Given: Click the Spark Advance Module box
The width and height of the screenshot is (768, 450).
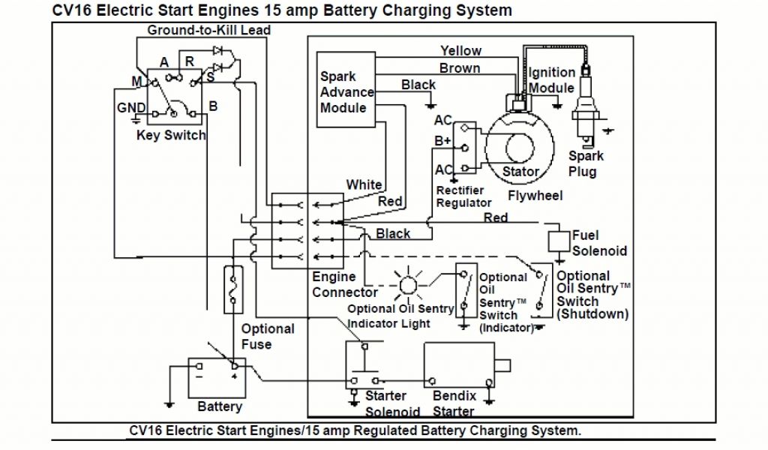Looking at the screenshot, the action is pyautogui.click(x=346, y=89).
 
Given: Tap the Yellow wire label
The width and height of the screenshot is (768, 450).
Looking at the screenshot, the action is pyautogui.click(x=460, y=50).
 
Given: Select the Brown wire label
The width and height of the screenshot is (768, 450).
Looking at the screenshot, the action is pyautogui.click(x=460, y=68).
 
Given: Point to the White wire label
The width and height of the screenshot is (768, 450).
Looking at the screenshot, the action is pyautogui.click(x=364, y=184).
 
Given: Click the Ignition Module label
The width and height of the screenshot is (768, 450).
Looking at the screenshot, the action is pyautogui.click(x=551, y=79).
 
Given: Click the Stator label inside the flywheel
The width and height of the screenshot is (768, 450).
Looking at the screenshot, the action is pyautogui.click(x=520, y=172).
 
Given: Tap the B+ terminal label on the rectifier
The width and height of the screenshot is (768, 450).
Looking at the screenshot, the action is pyautogui.click(x=442, y=141).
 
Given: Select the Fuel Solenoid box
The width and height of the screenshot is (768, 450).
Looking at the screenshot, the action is pyautogui.click(x=558, y=241).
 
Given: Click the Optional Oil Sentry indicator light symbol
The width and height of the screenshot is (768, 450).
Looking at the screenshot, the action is pyautogui.click(x=408, y=285).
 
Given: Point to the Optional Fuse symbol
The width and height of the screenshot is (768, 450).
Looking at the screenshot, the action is pyautogui.click(x=233, y=290).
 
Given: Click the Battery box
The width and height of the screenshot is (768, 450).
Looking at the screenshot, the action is pyautogui.click(x=217, y=378).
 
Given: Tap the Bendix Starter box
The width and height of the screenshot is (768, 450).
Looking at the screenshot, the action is pyautogui.click(x=459, y=365).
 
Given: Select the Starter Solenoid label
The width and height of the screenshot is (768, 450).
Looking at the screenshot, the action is pyautogui.click(x=393, y=403).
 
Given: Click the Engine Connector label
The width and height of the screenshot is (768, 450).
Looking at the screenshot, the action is pyautogui.click(x=345, y=284).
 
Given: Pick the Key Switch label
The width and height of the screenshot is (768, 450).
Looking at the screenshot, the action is pyautogui.click(x=171, y=135).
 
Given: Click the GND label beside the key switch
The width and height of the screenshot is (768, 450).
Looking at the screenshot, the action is pyautogui.click(x=131, y=107).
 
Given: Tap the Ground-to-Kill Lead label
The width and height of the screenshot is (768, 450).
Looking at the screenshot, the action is pyautogui.click(x=209, y=30).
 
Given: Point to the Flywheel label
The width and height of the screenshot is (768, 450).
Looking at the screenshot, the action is pyautogui.click(x=535, y=196).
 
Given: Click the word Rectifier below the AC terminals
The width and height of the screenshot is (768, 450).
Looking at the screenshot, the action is pyautogui.click(x=460, y=190).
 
